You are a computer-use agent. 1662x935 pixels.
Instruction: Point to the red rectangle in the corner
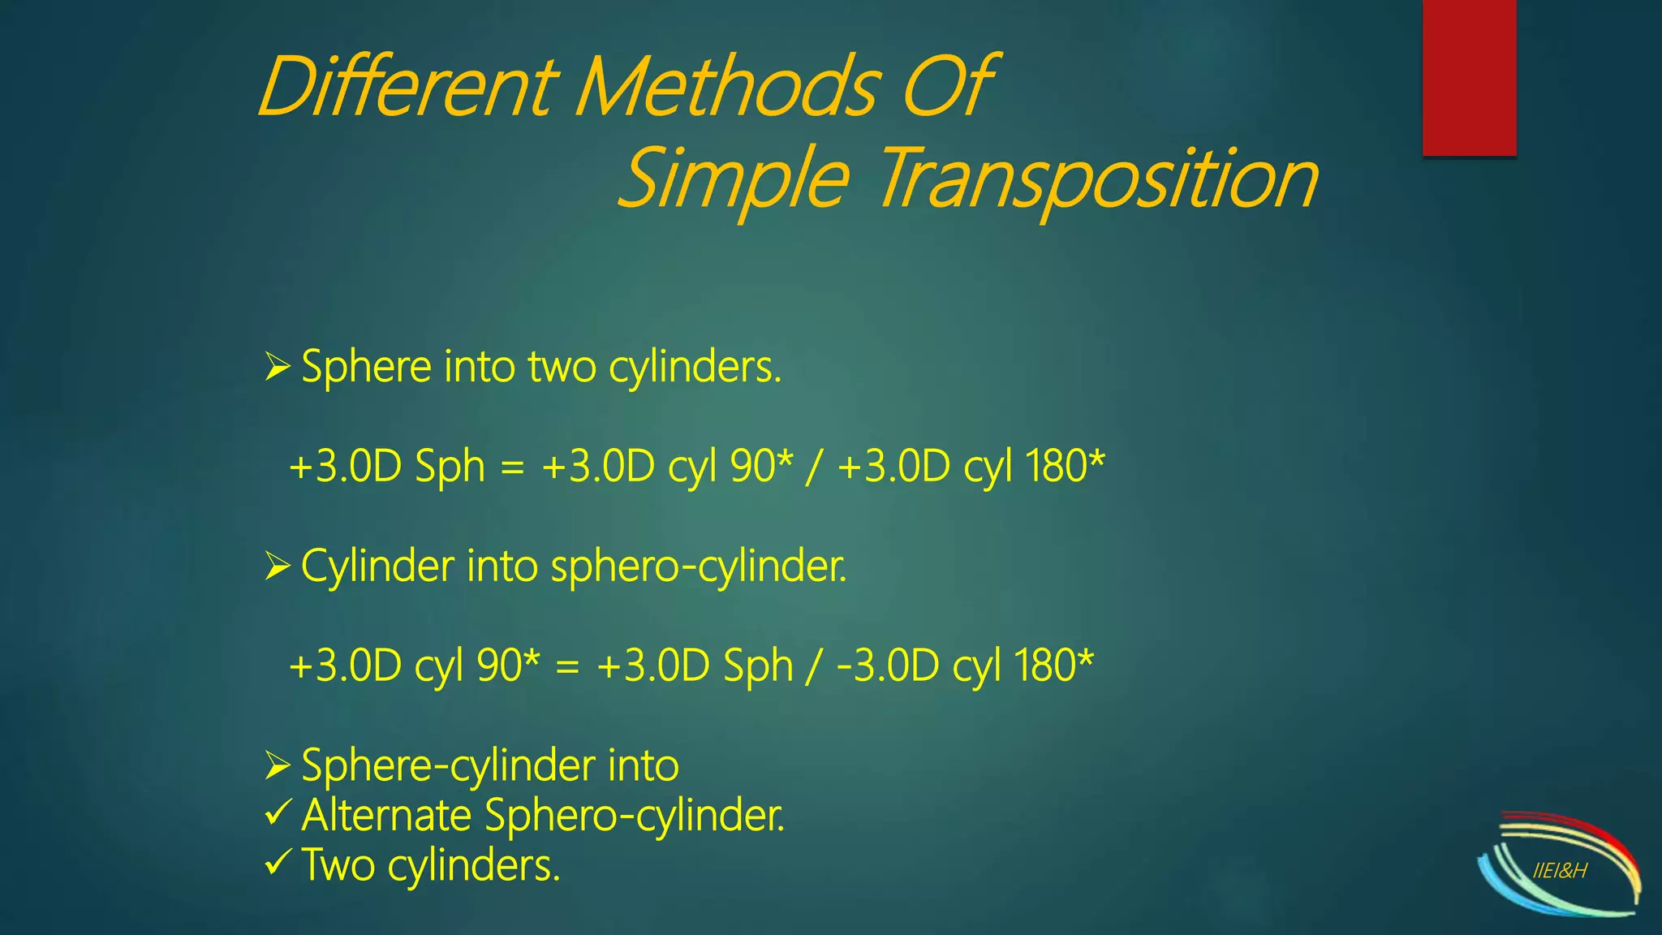[1469, 77]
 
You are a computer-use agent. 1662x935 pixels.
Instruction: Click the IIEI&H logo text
[1560, 872]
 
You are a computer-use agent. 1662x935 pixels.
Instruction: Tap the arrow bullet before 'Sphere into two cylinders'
[277, 368]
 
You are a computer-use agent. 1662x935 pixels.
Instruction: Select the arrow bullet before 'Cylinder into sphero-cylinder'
[277, 567]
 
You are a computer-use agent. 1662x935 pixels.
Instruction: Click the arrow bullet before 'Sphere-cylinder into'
[277, 765]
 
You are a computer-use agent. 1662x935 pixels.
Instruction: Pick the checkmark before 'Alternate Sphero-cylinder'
[278, 812]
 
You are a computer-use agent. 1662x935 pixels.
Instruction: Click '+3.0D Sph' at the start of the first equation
[387, 467]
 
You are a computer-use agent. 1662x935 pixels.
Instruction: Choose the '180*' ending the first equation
[1064, 467]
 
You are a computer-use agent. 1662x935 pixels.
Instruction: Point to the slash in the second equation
[813, 667]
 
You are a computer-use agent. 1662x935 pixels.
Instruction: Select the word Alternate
[386, 815]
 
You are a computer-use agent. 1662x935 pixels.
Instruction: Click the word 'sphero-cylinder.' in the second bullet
[699, 567]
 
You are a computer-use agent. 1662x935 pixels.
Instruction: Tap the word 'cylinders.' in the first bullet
[695, 368]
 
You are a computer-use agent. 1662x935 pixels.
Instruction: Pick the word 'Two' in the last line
[338, 865]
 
